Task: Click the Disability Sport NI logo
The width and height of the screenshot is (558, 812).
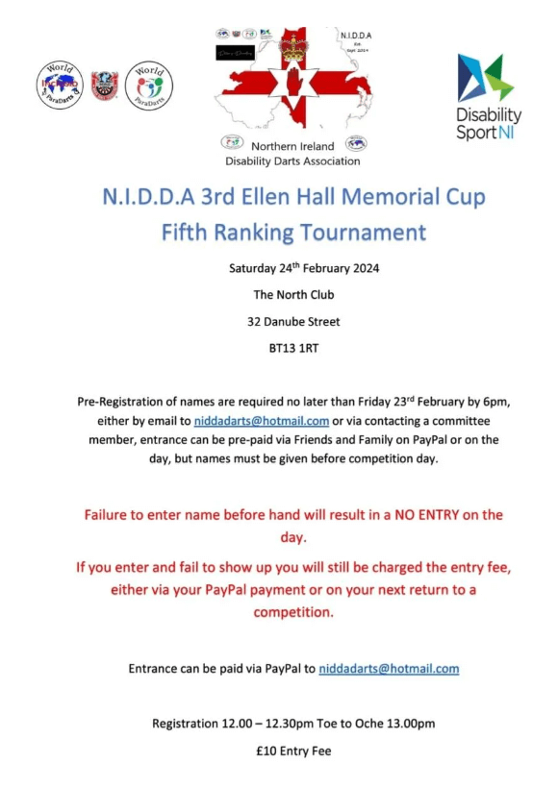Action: (488, 98)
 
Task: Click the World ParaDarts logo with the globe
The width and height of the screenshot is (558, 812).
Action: (60, 86)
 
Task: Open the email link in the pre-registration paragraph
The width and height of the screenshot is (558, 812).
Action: (262, 421)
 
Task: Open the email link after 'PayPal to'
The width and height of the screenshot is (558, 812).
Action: (389, 668)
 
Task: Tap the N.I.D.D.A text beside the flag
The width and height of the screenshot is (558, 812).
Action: (356, 36)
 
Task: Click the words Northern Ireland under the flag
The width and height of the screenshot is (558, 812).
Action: (292, 147)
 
